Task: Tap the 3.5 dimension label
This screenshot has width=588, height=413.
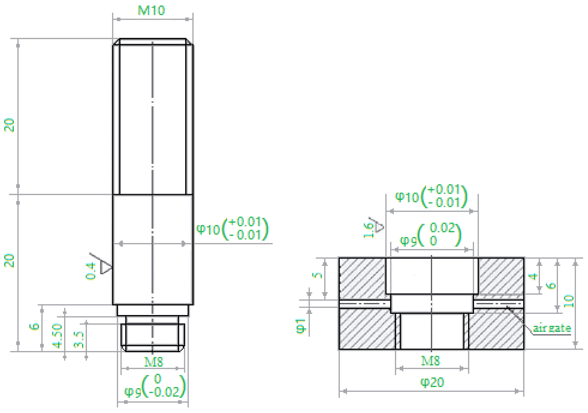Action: pyautogui.click(x=79, y=340)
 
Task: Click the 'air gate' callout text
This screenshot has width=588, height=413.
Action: pyautogui.click(x=552, y=328)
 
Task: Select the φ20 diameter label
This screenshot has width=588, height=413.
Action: pyautogui.click(x=432, y=382)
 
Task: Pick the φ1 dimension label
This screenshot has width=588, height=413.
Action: pyautogui.click(x=301, y=326)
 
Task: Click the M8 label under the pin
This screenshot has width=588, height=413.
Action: pyautogui.click(x=153, y=362)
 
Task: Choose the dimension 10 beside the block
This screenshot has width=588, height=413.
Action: pyautogui.click(x=569, y=301)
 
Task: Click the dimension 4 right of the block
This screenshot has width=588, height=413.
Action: pyautogui.click(x=533, y=276)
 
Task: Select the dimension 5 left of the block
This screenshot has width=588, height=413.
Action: pyautogui.click(x=317, y=275)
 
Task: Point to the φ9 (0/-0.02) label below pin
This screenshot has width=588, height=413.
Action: pyautogui.click(x=155, y=386)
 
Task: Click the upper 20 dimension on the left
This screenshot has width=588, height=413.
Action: pyautogui.click(x=9, y=125)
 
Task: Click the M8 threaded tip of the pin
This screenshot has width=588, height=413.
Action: pyautogui.click(x=153, y=337)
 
